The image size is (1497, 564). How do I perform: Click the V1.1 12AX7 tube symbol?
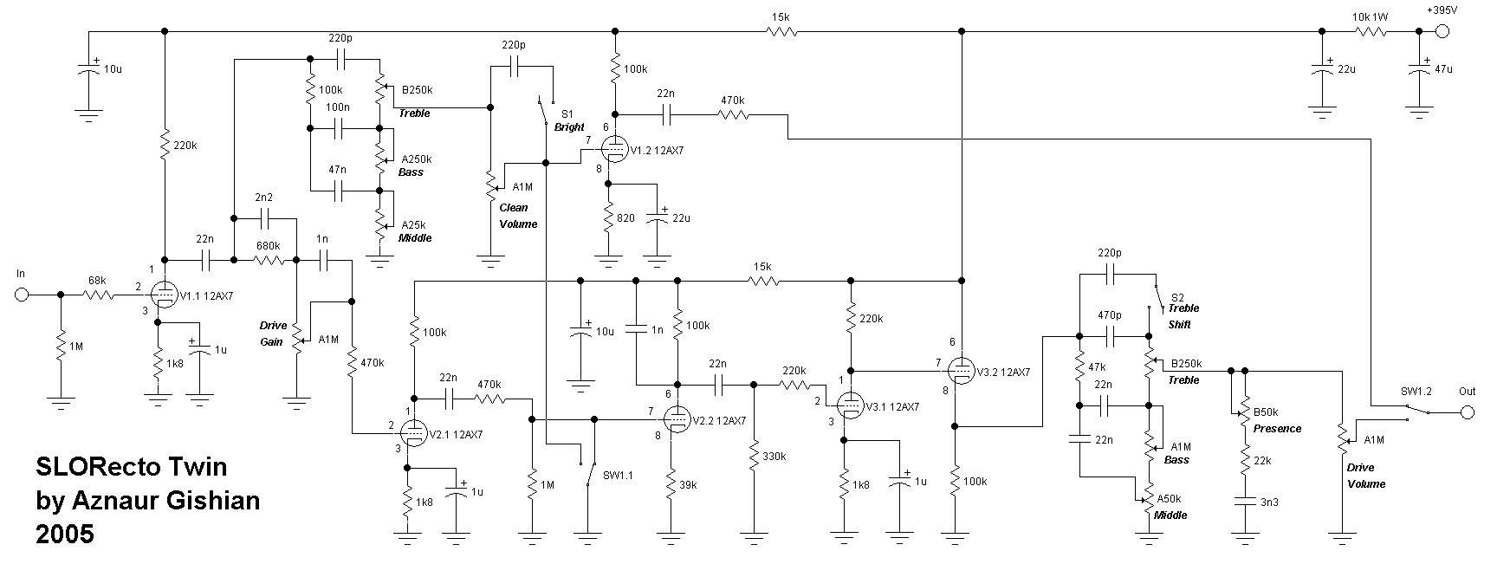coord(163,295)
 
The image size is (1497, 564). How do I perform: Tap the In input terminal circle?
coord(22,295)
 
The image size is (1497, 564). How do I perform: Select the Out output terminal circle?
coord(1466,412)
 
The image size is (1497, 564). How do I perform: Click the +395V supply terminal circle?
coord(1442,32)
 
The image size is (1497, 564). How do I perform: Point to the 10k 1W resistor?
coord(1371,32)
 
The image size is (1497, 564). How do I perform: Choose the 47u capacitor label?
coord(1443,69)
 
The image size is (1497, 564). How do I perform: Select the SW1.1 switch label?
coord(619,475)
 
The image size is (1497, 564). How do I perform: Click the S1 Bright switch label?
coord(568,120)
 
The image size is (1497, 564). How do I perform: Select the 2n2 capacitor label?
coord(264,198)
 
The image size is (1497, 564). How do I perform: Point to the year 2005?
coord(65,535)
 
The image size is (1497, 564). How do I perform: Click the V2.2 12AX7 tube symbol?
coord(678,419)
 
